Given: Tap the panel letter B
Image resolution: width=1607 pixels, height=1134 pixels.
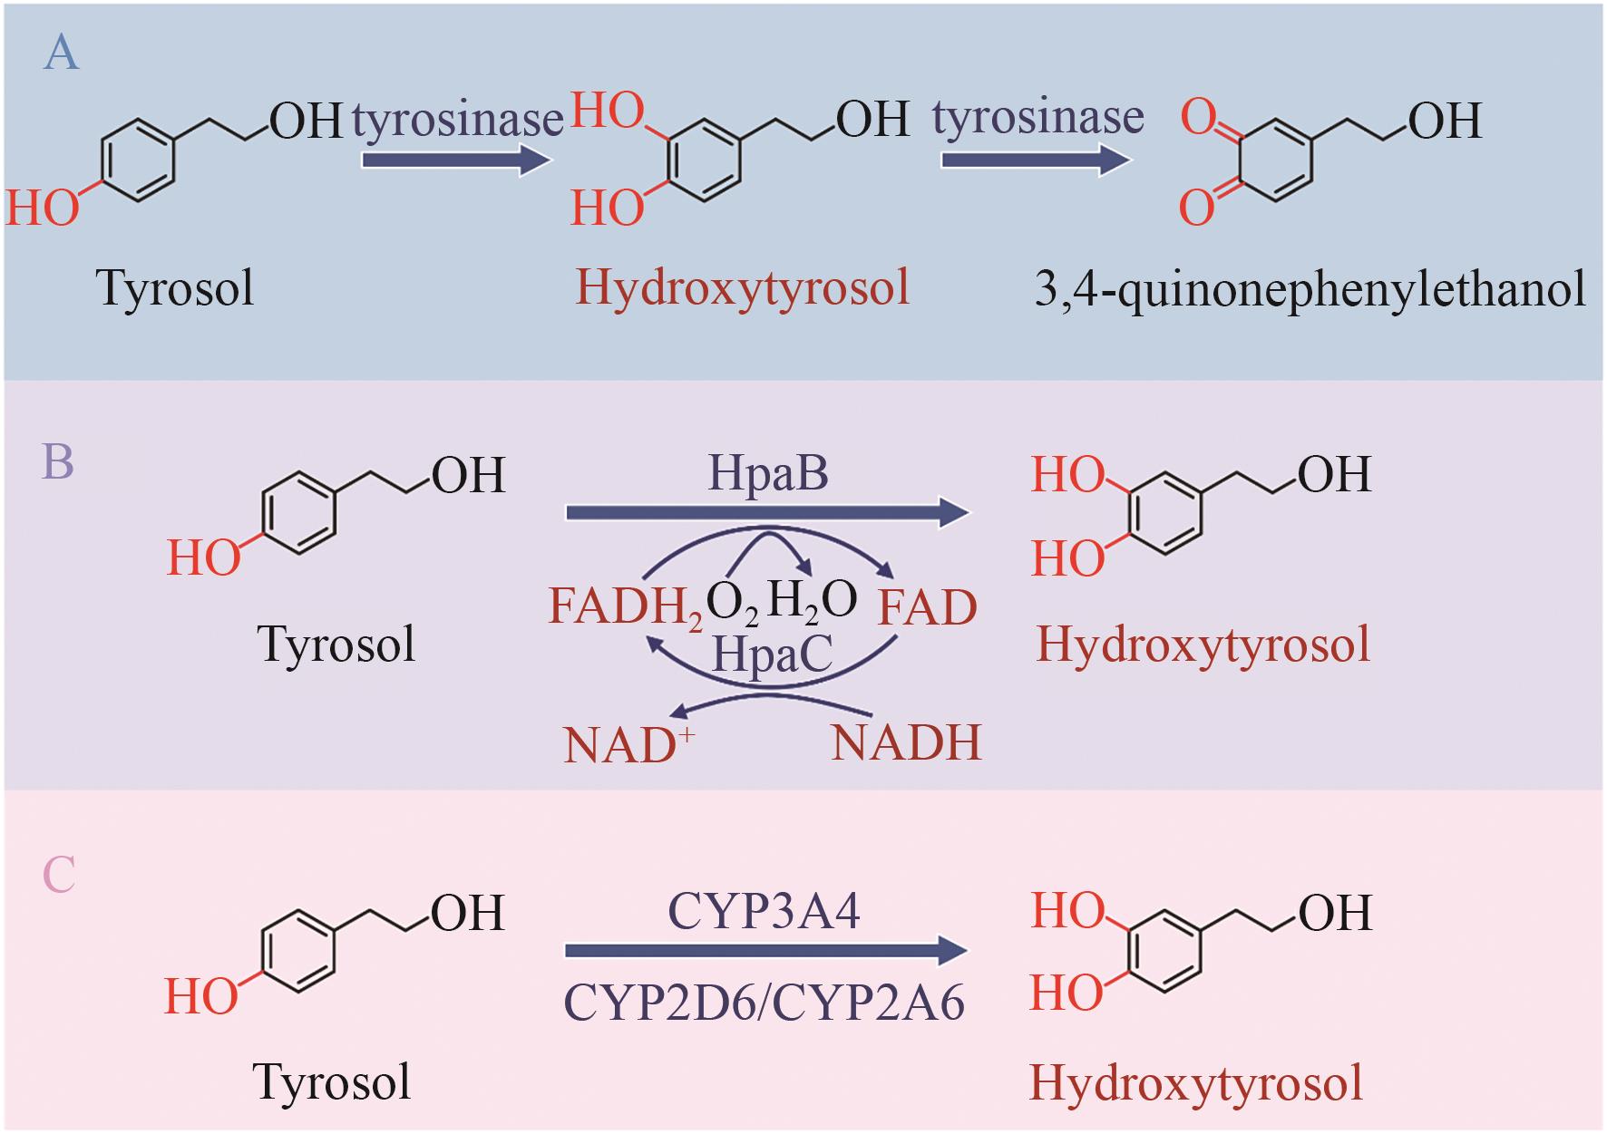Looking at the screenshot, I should (58, 461).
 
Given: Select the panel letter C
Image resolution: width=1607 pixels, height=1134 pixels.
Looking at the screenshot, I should (59, 875).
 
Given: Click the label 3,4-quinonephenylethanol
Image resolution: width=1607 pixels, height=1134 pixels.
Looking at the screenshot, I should (1310, 289).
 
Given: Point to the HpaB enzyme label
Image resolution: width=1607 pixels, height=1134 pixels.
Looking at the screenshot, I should (767, 473).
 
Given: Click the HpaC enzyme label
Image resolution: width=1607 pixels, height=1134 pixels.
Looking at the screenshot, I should (772, 654).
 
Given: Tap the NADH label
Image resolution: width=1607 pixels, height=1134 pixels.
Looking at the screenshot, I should (906, 743).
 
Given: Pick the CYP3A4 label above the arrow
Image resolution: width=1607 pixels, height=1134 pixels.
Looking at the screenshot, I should (764, 911).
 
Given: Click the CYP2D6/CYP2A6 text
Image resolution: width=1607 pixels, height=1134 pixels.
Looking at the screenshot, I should (764, 1003).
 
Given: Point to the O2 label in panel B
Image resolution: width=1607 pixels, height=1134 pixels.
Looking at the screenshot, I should (732, 603).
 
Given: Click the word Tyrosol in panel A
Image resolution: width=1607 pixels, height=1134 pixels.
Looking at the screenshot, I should (175, 289).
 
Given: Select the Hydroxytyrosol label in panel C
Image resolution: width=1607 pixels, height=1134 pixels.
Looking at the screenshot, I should (1196, 1083).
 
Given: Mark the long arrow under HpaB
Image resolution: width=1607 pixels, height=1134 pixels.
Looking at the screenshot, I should (766, 513).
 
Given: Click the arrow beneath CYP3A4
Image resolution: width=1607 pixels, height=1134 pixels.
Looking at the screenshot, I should (765, 951).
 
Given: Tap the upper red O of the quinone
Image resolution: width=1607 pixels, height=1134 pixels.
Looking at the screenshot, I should (1197, 118).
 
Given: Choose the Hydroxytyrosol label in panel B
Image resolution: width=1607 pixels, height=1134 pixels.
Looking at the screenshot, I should (1203, 645).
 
